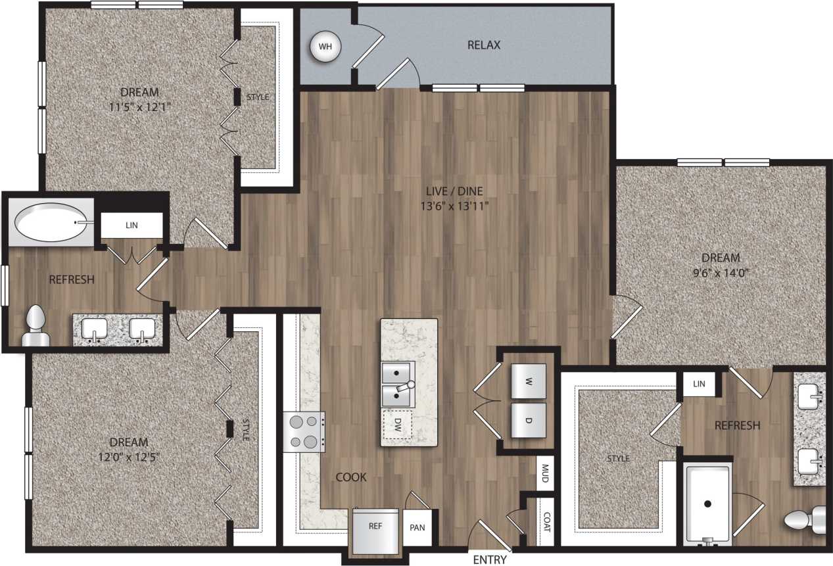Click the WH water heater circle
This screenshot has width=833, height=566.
tap(325, 47)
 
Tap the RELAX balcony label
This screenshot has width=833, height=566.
tap(484, 45)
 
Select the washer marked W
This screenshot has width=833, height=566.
tap(528, 381)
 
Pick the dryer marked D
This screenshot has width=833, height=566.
tap(528, 420)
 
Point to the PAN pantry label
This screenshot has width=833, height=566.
tap(417, 527)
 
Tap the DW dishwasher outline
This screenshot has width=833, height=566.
tap(397, 425)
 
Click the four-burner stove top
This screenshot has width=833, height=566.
tap(303, 431)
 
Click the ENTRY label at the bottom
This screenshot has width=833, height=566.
tap(490, 560)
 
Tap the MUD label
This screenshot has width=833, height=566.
tap(544, 473)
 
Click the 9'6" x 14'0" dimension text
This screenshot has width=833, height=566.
tap(721, 271)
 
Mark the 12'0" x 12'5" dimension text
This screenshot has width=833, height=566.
tap(129, 456)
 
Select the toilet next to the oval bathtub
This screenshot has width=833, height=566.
tap(36, 327)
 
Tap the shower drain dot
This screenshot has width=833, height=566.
tap(707, 504)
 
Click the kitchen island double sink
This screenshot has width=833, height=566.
tap(397, 383)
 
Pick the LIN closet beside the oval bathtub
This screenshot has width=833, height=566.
tap(131, 225)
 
